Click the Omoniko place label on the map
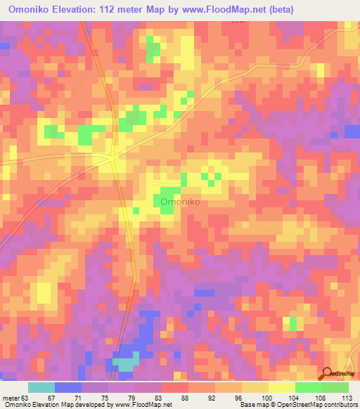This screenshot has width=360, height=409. coord(181,202)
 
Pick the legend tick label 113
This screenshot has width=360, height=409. coord(347,398)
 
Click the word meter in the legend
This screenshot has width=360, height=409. coord(11,398)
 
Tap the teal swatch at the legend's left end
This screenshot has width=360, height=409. coord(41,387)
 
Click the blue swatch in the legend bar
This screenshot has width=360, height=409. coord(68,387)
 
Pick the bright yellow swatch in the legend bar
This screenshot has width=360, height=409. coord(281,387)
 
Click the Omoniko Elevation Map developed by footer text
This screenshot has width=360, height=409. coord(56,405)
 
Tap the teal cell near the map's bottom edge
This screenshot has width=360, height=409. coord(126,363)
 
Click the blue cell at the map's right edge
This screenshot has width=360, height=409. coord(352,131)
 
